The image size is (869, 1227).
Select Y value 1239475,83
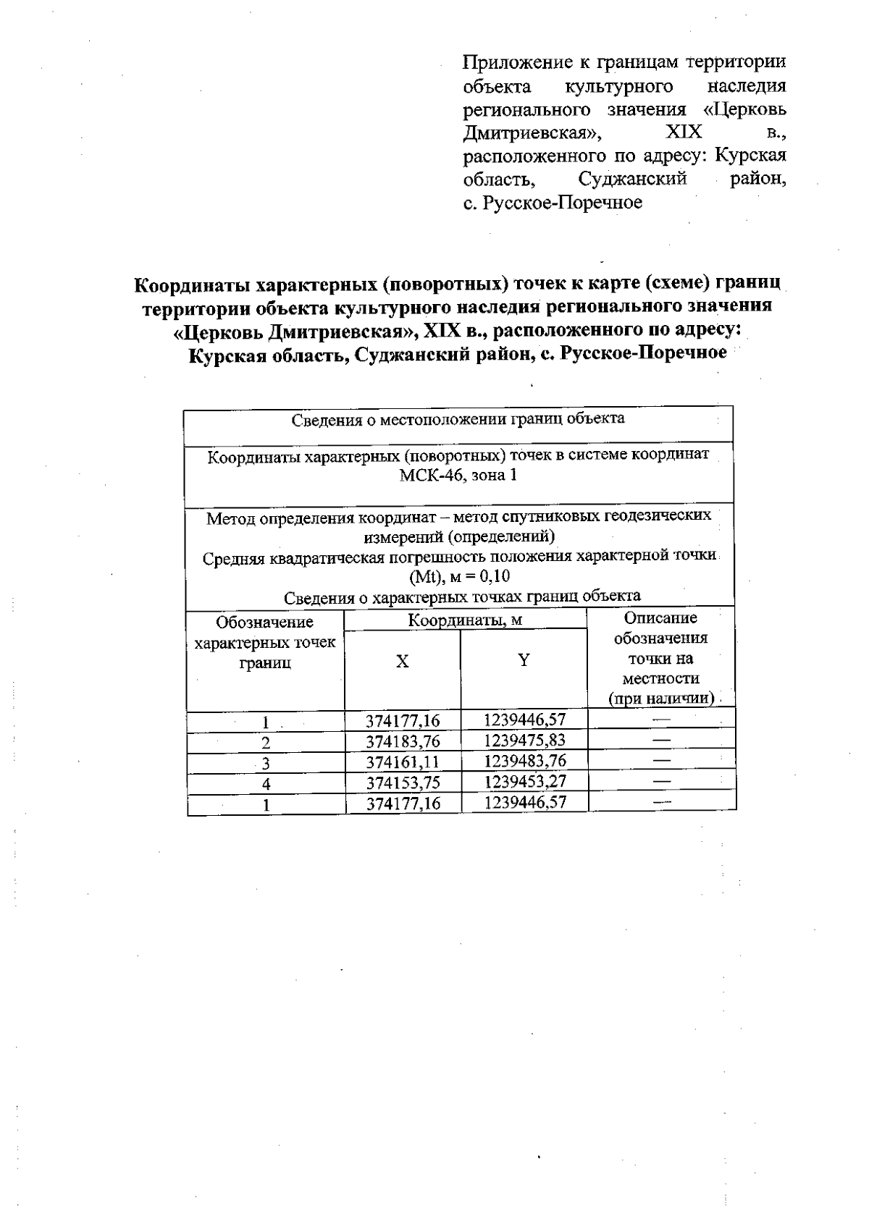[x=524, y=740]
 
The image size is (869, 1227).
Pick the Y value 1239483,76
[x=524, y=760]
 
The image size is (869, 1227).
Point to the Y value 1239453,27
[x=524, y=781]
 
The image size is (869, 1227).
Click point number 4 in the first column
[x=266, y=783]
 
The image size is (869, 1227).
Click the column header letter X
[x=402, y=661]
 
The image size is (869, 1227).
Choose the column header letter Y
[x=524, y=659]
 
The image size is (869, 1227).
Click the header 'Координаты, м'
[x=465, y=620]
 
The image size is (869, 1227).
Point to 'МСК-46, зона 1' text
[x=458, y=476]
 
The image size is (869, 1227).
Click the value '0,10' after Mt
[x=494, y=577]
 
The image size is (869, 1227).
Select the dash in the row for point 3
[x=660, y=760]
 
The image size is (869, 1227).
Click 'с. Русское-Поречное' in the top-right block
[x=553, y=203]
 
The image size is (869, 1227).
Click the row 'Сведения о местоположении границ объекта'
[x=458, y=419]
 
